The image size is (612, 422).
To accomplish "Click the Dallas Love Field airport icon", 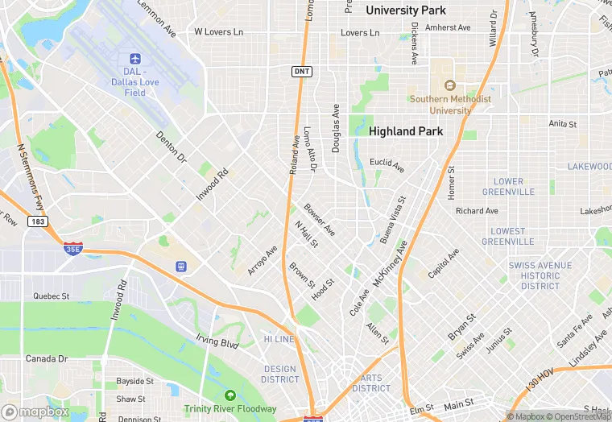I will click(x=134, y=59).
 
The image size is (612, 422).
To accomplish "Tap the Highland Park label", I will click(x=403, y=130).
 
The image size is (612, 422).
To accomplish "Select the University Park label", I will click(x=405, y=10).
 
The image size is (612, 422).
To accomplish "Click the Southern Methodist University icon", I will click(x=450, y=85).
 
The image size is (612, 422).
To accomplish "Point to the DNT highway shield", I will click(x=300, y=72).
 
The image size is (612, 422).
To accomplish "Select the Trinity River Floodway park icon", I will click(x=230, y=395).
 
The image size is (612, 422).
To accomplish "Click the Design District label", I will click(x=280, y=374).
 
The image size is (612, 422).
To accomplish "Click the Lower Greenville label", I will click(x=508, y=187).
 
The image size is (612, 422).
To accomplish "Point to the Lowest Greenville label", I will click(x=507, y=236).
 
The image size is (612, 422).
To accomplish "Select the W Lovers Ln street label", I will click(x=218, y=32).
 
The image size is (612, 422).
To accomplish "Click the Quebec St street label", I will click(x=52, y=296).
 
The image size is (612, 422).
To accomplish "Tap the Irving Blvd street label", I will click(x=217, y=342).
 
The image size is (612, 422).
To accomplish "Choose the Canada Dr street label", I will click(x=47, y=358).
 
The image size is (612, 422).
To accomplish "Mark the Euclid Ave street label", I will click(x=387, y=163).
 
